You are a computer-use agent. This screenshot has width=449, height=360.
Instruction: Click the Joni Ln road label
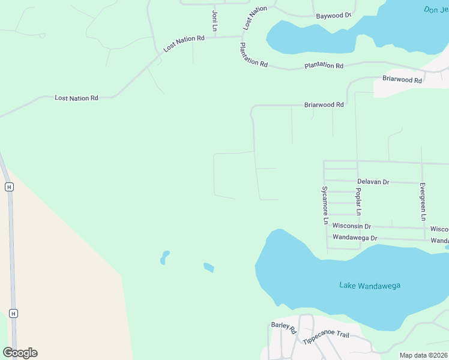(214, 21)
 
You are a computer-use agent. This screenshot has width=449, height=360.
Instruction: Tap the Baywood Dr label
(333, 16)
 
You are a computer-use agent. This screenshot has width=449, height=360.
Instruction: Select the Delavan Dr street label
(373, 181)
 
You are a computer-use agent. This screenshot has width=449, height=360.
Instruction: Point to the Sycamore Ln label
(325, 205)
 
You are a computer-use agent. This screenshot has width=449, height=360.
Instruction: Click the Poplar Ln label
(358, 202)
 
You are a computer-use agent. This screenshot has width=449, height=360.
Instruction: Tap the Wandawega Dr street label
(354, 238)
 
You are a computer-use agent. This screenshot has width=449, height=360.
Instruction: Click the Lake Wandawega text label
(369, 286)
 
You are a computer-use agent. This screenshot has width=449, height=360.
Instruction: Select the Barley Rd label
(284, 328)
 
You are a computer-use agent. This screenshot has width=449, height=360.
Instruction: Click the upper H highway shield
(9, 187)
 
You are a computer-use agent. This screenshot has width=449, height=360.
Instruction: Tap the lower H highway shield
(13, 313)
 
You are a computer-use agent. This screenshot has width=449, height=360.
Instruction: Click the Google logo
(20, 353)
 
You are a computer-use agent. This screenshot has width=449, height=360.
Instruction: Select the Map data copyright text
(424, 355)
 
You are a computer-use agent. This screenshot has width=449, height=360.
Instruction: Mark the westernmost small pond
(164, 257)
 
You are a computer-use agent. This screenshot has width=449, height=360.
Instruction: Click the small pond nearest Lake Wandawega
(209, 267)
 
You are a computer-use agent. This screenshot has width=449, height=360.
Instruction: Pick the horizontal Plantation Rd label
(324, 65)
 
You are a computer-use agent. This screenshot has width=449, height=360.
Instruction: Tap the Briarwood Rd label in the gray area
(402, 79)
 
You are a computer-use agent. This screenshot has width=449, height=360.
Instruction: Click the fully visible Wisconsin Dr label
(352, 226)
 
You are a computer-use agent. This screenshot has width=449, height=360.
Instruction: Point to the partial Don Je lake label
(436, 10)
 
